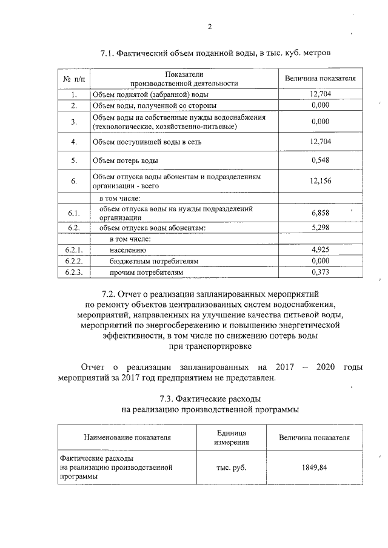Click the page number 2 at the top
210,27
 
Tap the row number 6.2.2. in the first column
73,261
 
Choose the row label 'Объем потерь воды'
125,161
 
